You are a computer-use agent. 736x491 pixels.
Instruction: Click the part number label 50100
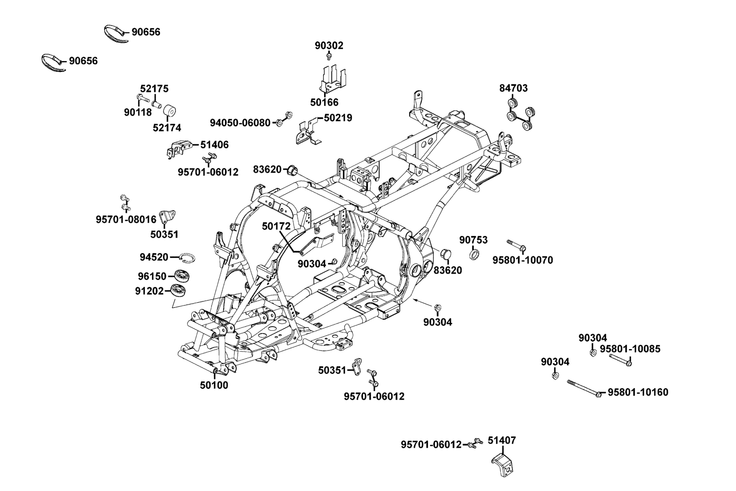tap(214, 385)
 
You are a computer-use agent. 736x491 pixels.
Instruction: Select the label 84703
tap(513, 88)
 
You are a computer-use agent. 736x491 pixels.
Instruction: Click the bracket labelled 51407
tap(502, 464)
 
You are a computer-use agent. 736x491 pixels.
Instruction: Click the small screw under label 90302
tap(329, 58)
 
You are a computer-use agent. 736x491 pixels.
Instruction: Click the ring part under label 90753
tap(475, 256)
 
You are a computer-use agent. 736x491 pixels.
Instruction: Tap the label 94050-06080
tap(240, 123)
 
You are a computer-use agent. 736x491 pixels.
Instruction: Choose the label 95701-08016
tap(126, 220)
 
